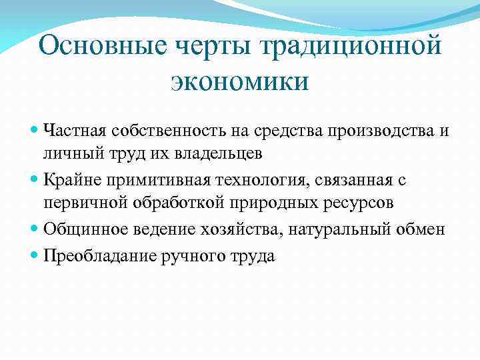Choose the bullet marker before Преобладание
35,255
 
